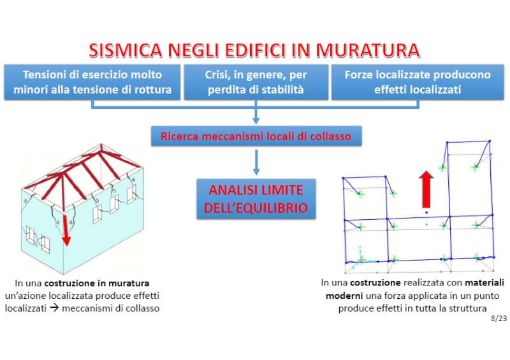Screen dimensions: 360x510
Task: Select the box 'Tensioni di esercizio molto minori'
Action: click(92, 82)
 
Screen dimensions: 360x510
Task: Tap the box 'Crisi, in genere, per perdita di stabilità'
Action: click(256, 82)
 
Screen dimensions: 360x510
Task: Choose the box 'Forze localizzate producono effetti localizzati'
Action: click(418, 82)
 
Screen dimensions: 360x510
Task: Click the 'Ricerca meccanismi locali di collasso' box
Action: click(256, 136)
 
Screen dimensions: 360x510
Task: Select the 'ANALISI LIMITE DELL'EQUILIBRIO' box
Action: click(256, 199)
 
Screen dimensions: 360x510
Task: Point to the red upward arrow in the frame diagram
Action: click(427, 189)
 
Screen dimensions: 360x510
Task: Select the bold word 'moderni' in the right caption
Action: click(344, 296)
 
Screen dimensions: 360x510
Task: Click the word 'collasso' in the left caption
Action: click(142, 308)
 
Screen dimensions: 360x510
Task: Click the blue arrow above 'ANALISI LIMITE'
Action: click(256, 162)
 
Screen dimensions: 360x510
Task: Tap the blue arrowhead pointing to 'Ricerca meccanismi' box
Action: click(256, 119)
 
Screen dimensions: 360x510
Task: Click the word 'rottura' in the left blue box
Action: click(153, 90)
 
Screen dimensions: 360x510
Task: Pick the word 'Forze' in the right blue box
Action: click(360, 75)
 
